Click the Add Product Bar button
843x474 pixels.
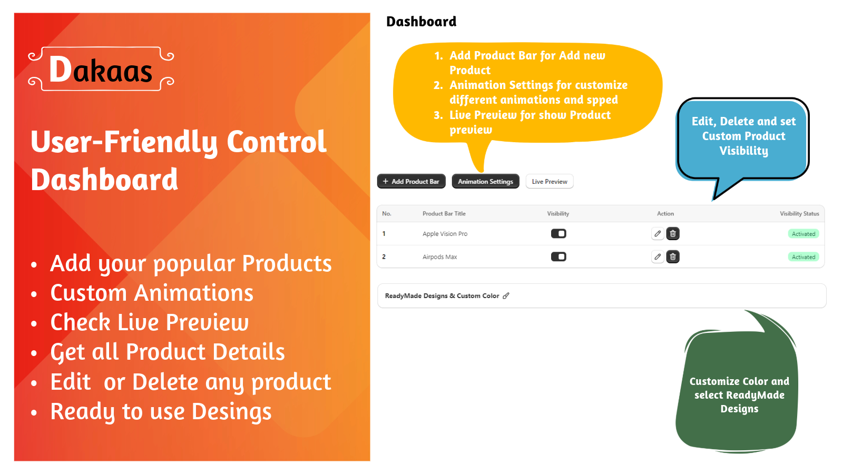pos(411,181)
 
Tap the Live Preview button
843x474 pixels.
pos(549,181)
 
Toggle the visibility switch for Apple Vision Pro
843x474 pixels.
pos(558,233)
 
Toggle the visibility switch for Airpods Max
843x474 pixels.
pos(558,256)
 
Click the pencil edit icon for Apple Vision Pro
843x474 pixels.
pos(658,233)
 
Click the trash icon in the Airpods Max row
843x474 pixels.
pos(673,256)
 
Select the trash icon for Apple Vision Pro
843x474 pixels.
pos(673,233)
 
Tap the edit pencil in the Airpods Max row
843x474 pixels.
pos(658,256)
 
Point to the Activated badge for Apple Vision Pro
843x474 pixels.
pos(803,234)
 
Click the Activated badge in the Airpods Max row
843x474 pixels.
pos(803,257)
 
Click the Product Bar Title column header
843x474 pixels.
pos(444,214)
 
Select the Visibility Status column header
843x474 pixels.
pos(799,214)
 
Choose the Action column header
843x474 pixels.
pos(665,214)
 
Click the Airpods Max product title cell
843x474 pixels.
pos(439,257)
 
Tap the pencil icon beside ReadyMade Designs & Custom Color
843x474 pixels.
pos(506,296)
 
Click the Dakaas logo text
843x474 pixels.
pos(101,70)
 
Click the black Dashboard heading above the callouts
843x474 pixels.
pos(421,22)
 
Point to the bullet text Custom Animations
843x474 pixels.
pos(152,293)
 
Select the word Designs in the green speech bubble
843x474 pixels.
pos(739,409)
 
